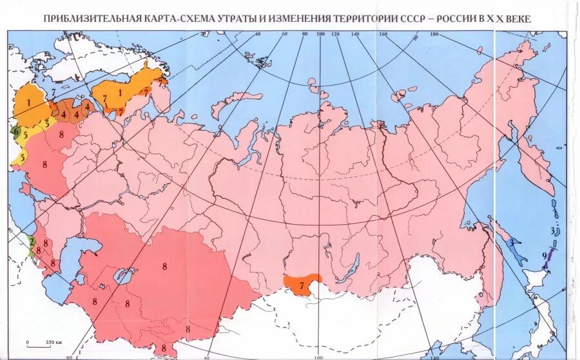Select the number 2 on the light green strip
click(x=31, y=242)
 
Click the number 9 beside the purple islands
click(x=545, y=256)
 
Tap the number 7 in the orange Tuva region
click(x=301, y=284)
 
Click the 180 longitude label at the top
click(x=434, y=35)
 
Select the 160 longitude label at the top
click(x=383, y=35)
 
